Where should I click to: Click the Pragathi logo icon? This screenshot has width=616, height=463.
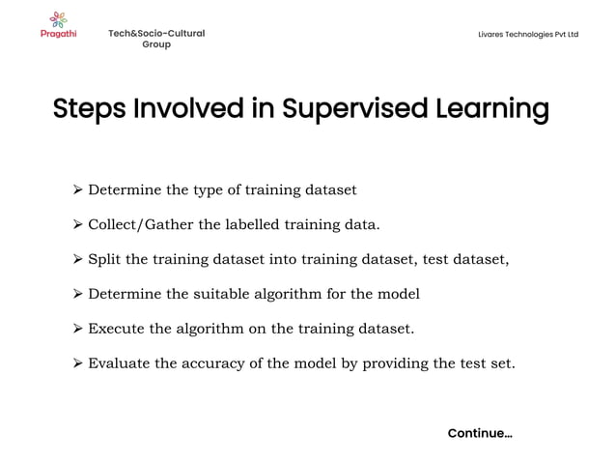[58, 18]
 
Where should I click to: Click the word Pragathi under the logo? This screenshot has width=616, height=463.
[58, 34]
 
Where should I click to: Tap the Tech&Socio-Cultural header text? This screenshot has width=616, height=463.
[156, 34]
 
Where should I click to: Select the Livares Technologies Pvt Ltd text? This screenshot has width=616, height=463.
[528, 35]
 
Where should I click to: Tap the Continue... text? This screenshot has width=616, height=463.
[480, 433]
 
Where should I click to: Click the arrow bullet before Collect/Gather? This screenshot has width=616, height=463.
[78, 225]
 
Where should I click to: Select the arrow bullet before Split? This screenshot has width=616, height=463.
[78, 259]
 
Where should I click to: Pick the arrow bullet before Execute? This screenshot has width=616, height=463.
[78, 329]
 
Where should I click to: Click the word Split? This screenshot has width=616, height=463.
[104, 259]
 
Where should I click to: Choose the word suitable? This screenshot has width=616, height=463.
[222, 294]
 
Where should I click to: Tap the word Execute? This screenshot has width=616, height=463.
[116, 329]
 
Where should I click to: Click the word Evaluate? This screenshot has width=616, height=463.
[119, 363]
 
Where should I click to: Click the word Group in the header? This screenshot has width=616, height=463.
[156, 44]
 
